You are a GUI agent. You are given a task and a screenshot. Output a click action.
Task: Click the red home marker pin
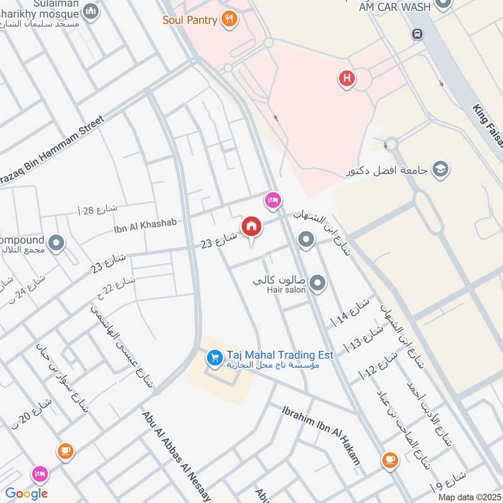[x=251, y=226]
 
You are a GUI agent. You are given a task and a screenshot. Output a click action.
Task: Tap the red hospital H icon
[x=346, y=79]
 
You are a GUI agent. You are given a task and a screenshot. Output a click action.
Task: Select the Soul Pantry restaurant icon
[x=229, y=19]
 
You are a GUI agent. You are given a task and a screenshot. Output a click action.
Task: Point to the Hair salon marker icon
[x=318, y=284]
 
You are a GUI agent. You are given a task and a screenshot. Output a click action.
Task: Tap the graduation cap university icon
[x=441, y=170]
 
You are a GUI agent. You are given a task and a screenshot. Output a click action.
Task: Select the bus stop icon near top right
[x=417, y=34]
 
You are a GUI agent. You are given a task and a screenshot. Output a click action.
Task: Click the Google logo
[x=26, y=494]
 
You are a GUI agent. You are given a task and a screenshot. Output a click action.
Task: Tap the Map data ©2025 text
[x=468, y=497]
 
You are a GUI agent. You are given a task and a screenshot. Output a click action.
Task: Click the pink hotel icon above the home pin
[x=272, y=200]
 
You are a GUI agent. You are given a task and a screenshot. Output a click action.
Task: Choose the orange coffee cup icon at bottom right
[x=390, y=461]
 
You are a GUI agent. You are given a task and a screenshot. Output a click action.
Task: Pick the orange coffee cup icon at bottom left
[x=65, y=450]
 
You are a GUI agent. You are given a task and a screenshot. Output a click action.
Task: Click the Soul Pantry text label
[x=190, y=19]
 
